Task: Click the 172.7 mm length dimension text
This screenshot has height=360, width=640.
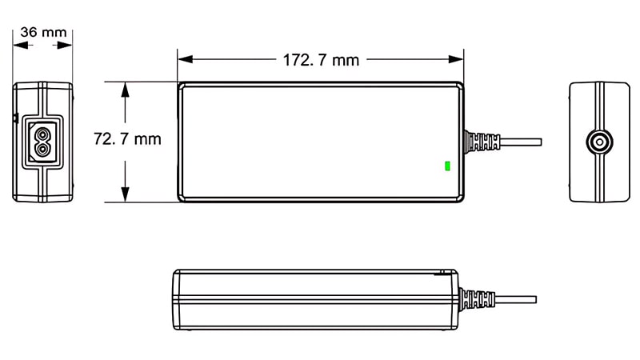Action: coord(320,59)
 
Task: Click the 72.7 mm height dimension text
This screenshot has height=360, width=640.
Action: coord(128,139)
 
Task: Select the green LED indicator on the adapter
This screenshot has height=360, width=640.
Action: coord(447,166)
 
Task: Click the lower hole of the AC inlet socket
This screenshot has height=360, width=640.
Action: coord(40,149)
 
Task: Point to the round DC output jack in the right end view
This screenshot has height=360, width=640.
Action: coord(598,142)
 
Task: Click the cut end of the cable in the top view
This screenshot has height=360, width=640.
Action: coord(540,142)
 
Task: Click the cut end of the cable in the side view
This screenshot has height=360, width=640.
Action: coord(534,299)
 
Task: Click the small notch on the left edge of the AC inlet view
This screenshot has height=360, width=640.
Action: coord(15,119)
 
